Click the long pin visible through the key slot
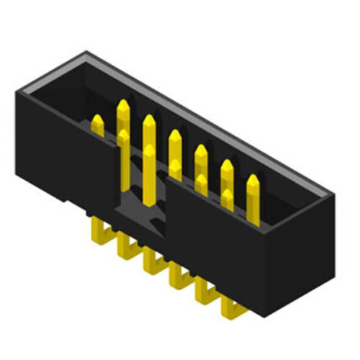[x=149, y=173]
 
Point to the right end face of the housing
[x=302, y=259]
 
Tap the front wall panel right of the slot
[x=216, y=238]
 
